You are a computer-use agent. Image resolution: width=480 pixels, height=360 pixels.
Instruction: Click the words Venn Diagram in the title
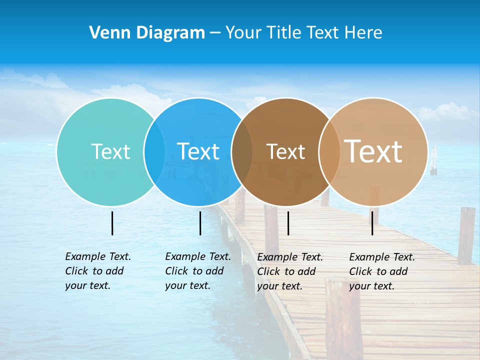click(146, 33)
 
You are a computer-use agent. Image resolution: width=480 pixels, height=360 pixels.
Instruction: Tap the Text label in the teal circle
click(110, 151)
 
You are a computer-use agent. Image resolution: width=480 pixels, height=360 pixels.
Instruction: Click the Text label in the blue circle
click(198, 151)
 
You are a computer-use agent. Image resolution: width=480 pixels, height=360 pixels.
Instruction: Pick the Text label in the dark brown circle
click(285, 151)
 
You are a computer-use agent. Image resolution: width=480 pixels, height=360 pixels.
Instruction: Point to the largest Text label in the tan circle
click(373, 151)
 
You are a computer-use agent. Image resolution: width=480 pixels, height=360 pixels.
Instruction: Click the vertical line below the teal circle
click(112, 223)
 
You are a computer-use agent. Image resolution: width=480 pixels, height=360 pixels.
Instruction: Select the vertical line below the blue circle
click(200, 223)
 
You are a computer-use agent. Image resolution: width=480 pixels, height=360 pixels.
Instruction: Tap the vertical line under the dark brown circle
click(288, 223)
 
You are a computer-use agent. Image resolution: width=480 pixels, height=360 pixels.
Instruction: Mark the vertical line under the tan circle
click(372, 223)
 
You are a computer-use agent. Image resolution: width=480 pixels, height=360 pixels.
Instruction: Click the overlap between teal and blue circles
click(154, 151)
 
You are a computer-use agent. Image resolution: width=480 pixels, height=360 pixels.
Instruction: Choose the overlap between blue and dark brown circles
click(242, 151)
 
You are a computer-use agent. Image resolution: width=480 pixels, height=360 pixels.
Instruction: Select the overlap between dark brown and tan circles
click(329, 151)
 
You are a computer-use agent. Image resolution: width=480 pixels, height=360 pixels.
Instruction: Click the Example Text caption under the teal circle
click(97, 271)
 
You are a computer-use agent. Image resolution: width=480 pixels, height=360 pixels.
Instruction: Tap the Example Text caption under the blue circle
click(197, 271)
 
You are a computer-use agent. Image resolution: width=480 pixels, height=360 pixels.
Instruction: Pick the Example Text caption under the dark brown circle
click(289, 271)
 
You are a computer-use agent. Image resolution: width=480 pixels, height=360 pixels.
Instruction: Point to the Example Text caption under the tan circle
click(381, 271)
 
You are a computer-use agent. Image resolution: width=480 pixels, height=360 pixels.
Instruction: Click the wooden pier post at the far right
click(466, 235)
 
